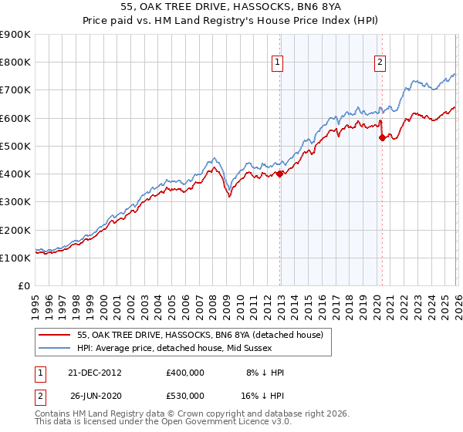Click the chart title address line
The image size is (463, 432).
[231, 7]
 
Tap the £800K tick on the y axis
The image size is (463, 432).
[15, 62]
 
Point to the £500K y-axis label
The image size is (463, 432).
[15, 146]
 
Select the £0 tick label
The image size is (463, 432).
[23, 285]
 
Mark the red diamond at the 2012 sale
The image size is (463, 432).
[279, 174]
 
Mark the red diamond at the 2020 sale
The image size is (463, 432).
[382, 138]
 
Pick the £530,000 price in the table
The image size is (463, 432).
[184, 395]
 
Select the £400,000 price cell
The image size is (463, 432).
[184, 372]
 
